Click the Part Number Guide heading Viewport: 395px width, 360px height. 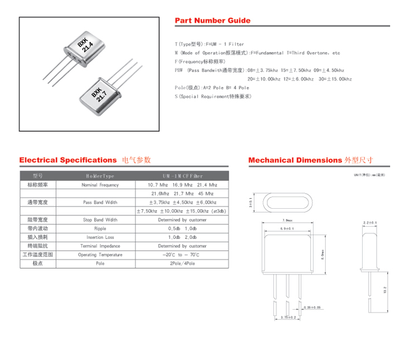[x=213, y=21]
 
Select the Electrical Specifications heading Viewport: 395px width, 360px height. [x=68, y=160]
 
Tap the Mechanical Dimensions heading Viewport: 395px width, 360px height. [x=295, y=160]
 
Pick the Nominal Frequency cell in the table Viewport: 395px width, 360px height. [x=100, y=185]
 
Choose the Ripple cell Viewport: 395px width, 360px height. [x=100, y=229]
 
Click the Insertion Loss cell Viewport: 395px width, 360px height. [x=100, y=237]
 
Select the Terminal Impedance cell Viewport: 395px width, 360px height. [x=100, y=246]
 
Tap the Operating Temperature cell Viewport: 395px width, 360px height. [x=100, y=255]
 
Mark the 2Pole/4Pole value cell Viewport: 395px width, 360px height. [x=182, y=263]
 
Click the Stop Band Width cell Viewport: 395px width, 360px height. [x=100, y=220]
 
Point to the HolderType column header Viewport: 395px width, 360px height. [x=100, y=176]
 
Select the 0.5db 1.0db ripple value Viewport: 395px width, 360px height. [x=182, y=229]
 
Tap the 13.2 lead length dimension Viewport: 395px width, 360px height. [x=386, y=290]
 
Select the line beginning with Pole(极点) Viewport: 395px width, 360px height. [x=212, y=88]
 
